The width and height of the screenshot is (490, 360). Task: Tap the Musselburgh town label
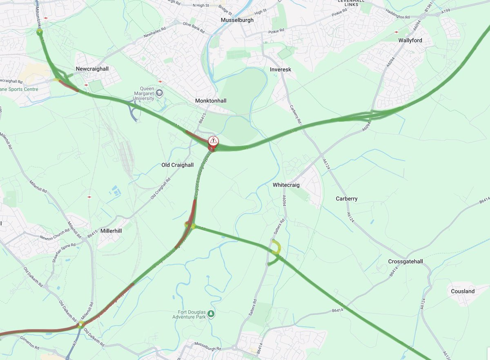pos(237,20)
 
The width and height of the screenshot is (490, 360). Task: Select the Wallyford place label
pos(410,40)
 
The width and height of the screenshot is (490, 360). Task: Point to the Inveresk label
pos(281,70)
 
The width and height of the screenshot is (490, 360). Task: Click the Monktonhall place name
pos(211,101)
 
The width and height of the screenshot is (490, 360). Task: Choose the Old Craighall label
pos(178,165)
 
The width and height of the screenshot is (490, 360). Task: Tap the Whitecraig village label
pos(286,185)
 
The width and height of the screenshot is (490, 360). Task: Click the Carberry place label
pos(347,199)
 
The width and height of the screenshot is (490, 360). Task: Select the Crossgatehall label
pos(405,262)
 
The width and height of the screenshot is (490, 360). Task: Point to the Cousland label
pos(463,291)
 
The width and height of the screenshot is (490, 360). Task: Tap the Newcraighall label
pos(92,69)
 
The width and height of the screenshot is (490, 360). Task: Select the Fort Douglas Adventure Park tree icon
pos(211,313)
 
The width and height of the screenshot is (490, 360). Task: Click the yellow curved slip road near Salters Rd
pos(277,246)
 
